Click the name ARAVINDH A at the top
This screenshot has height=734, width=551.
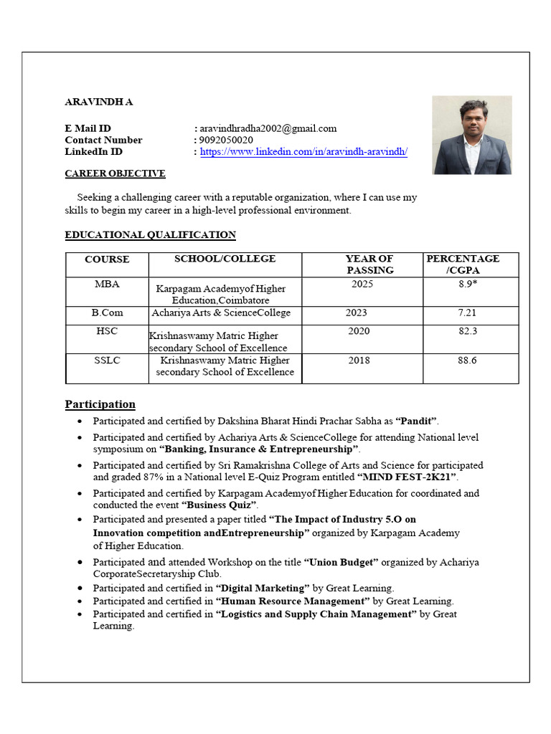tap(98, 102)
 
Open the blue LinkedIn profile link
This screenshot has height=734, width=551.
tap(303, 152)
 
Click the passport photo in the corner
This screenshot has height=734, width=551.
tap(471, 135)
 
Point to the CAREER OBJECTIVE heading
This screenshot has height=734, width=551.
tap(115, 173)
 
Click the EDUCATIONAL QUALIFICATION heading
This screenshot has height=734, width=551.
tap(150, 234)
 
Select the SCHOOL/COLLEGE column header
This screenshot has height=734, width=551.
tap(225, 259)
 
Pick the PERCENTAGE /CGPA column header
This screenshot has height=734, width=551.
tap(463, 264)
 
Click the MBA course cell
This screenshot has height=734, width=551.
tap(107, 284)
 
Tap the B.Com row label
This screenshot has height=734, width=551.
tap(107, 313)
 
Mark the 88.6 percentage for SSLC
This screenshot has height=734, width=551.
tap(467, 360)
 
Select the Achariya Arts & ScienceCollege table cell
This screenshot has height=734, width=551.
tap(221, 313)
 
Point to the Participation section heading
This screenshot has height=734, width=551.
tap(100, 404)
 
